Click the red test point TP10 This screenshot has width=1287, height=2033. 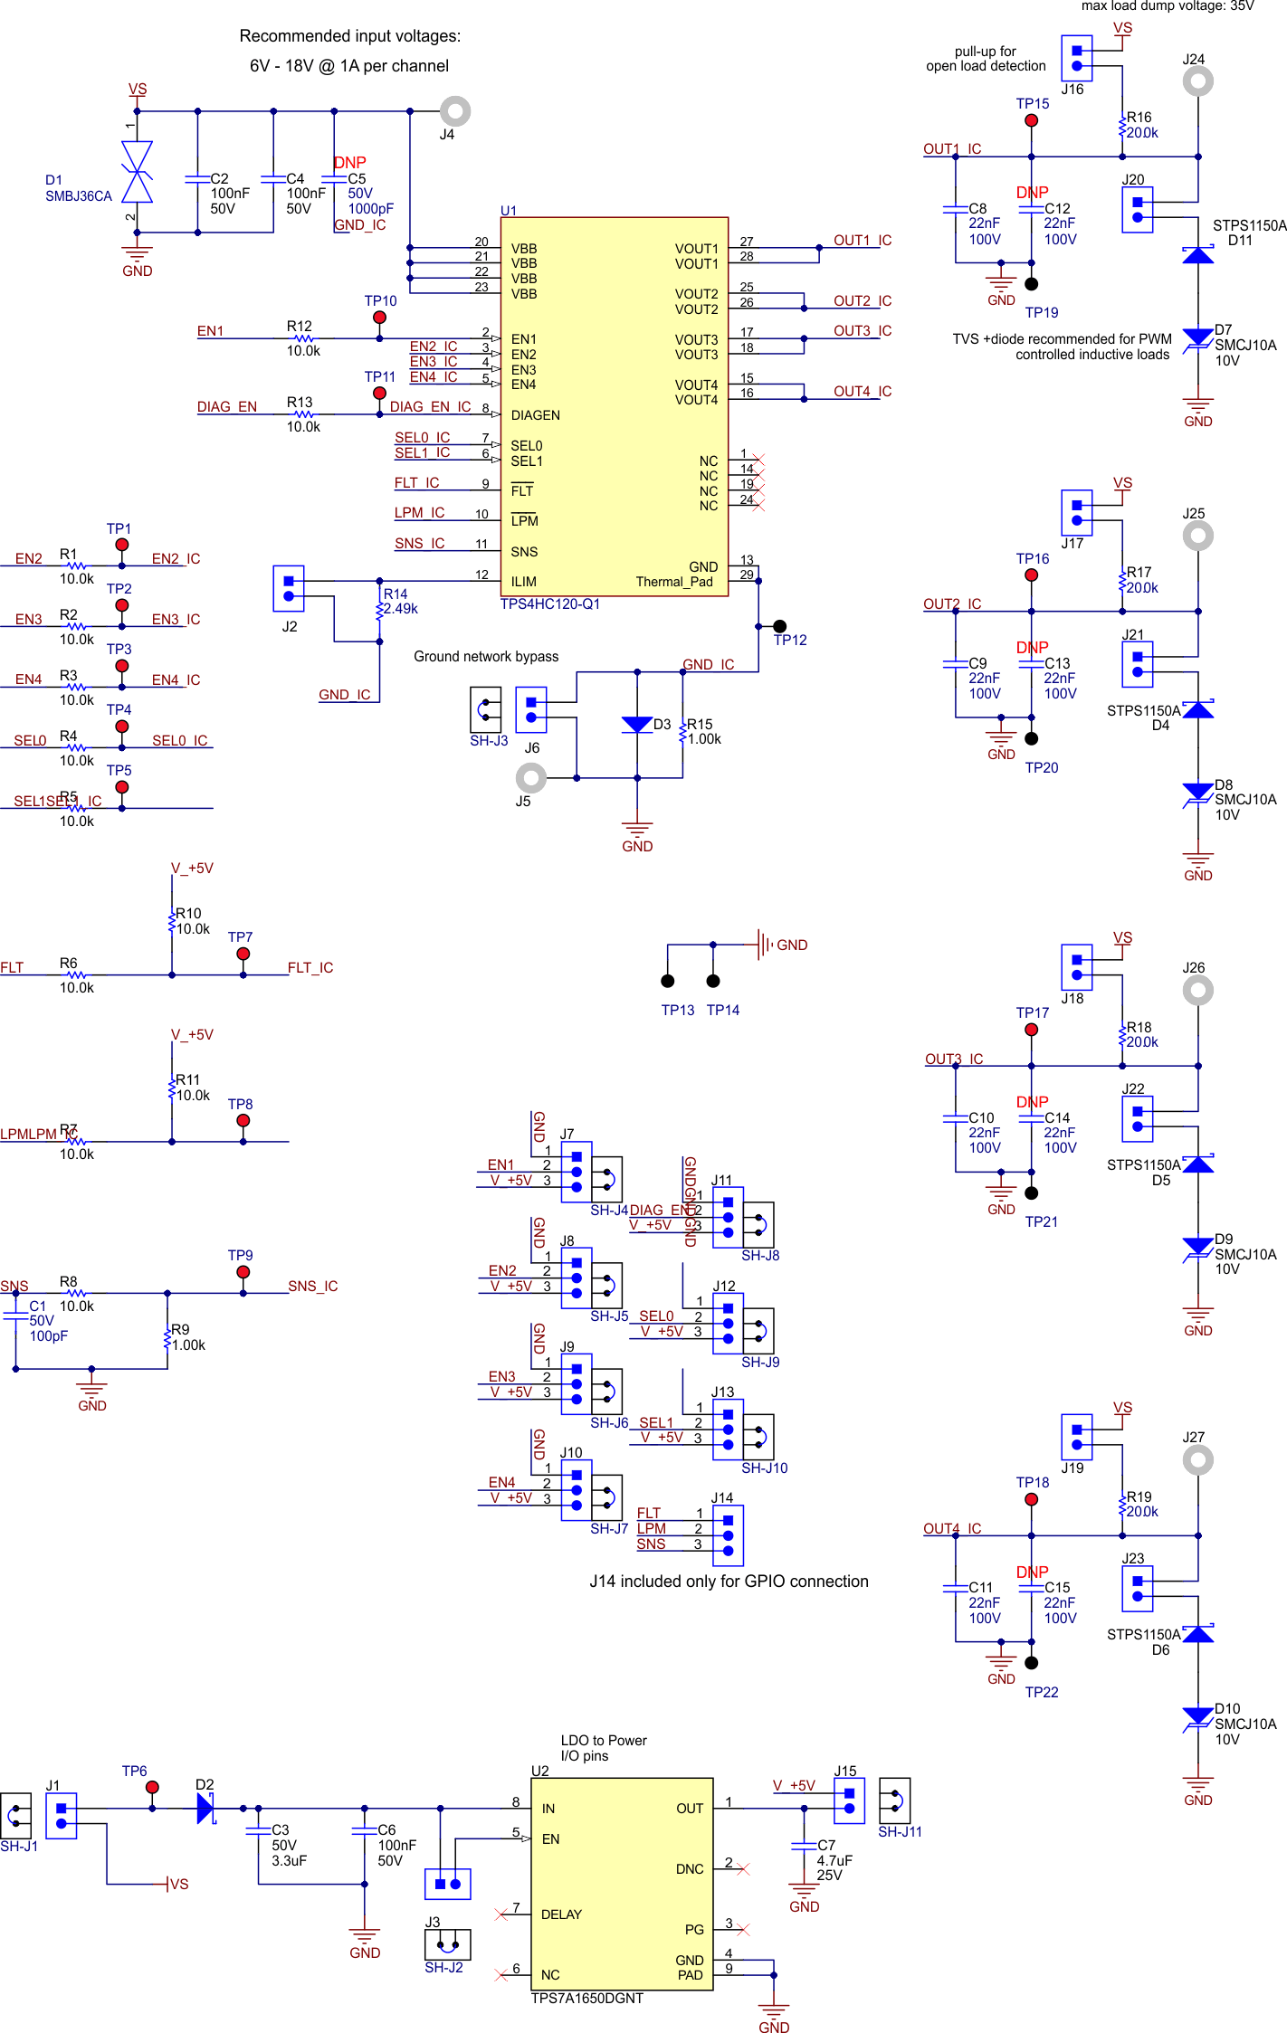(x=379, y=318)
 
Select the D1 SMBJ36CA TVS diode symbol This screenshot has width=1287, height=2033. (x=137, y=172)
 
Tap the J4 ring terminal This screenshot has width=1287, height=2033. (x=455, y=111)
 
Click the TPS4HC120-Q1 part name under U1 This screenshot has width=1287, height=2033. (x=550, y=604)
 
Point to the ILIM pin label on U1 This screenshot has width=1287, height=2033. (x=523, y=582)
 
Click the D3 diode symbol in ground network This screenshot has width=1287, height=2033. (x=637, y=725)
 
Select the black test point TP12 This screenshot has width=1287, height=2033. (x=779, y=626)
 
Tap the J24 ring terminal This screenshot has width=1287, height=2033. (x=1197, y=81)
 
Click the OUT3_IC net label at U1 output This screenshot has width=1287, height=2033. (x=862, y=331)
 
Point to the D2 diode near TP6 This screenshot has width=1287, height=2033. (x=206, y=1808)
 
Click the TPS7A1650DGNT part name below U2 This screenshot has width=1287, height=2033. (x=586, y=1998)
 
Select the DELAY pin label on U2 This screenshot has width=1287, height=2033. (x=561, y=1914)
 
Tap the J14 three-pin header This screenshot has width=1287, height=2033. (x=728, y=1535)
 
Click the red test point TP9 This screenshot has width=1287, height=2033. (x=243, y=1272)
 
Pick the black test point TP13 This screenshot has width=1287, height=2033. (x=668, y=981)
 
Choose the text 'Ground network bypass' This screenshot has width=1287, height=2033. (x=486, y=657)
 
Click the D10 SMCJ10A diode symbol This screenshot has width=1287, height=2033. (x=1197, y=1715)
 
